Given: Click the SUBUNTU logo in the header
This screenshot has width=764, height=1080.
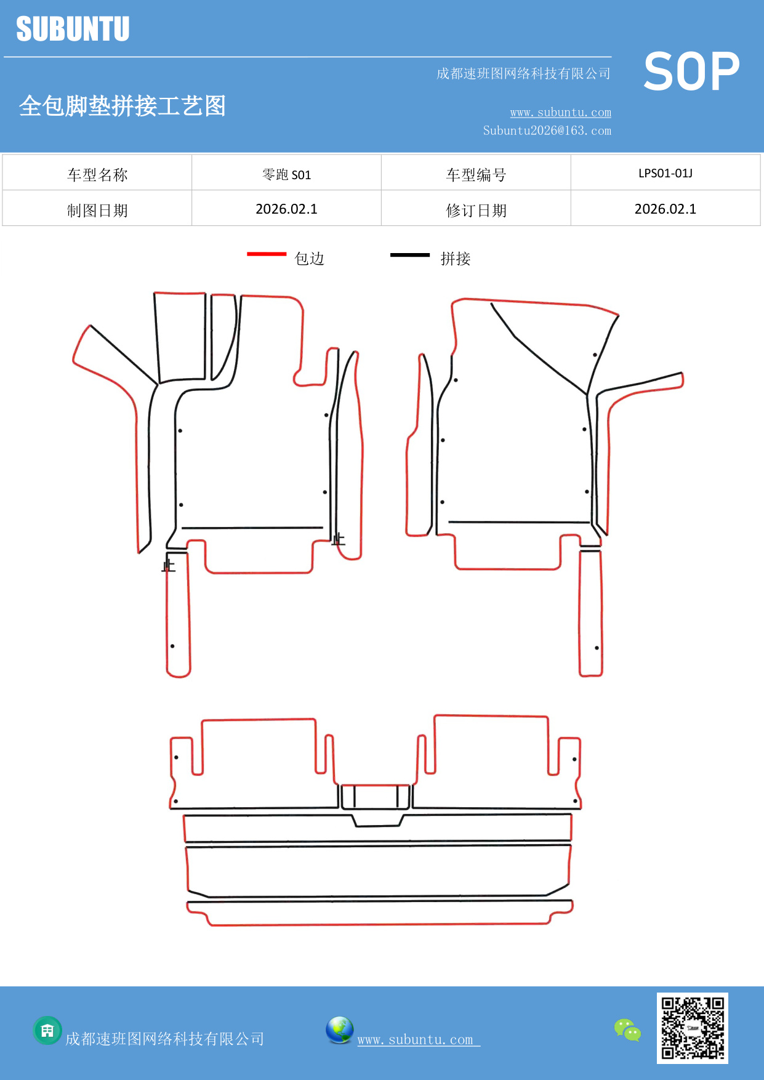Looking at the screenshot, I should tap(73, 29).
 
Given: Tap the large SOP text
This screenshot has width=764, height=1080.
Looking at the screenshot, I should tap(691, 72).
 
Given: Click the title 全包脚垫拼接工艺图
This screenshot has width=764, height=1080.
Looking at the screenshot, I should tap(123, 106).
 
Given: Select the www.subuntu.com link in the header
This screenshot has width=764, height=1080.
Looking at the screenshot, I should tap(560, 112).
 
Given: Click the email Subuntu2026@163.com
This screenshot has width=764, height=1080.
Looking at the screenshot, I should tap(547, 131).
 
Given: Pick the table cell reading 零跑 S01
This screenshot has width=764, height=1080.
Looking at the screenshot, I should tap(286, 174).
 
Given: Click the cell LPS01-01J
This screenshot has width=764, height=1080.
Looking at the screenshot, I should tap(665, 173).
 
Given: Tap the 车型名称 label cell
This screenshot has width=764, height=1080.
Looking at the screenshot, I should tap(97, 175).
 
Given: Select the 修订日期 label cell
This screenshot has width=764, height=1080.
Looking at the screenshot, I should tap(476, 211).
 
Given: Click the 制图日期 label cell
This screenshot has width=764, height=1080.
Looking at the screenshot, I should tap(97, 211).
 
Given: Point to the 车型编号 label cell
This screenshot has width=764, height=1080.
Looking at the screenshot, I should tap(476, 175).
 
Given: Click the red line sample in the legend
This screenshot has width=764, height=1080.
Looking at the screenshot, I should tap(267, 254).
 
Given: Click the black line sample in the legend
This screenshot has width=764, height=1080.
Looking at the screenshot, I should tap(409, 254).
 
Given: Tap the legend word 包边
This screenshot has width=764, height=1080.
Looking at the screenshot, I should tap(309, 259).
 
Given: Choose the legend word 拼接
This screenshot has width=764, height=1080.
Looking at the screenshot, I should tap(455, 259).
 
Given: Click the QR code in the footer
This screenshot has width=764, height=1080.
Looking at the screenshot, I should tap(693, 1028).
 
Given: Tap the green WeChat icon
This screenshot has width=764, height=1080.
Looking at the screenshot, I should tap(627, 1030).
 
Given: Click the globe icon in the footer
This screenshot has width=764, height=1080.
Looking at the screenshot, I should tap(339, 1030).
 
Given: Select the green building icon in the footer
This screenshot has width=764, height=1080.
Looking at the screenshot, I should tap(47, 1030).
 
